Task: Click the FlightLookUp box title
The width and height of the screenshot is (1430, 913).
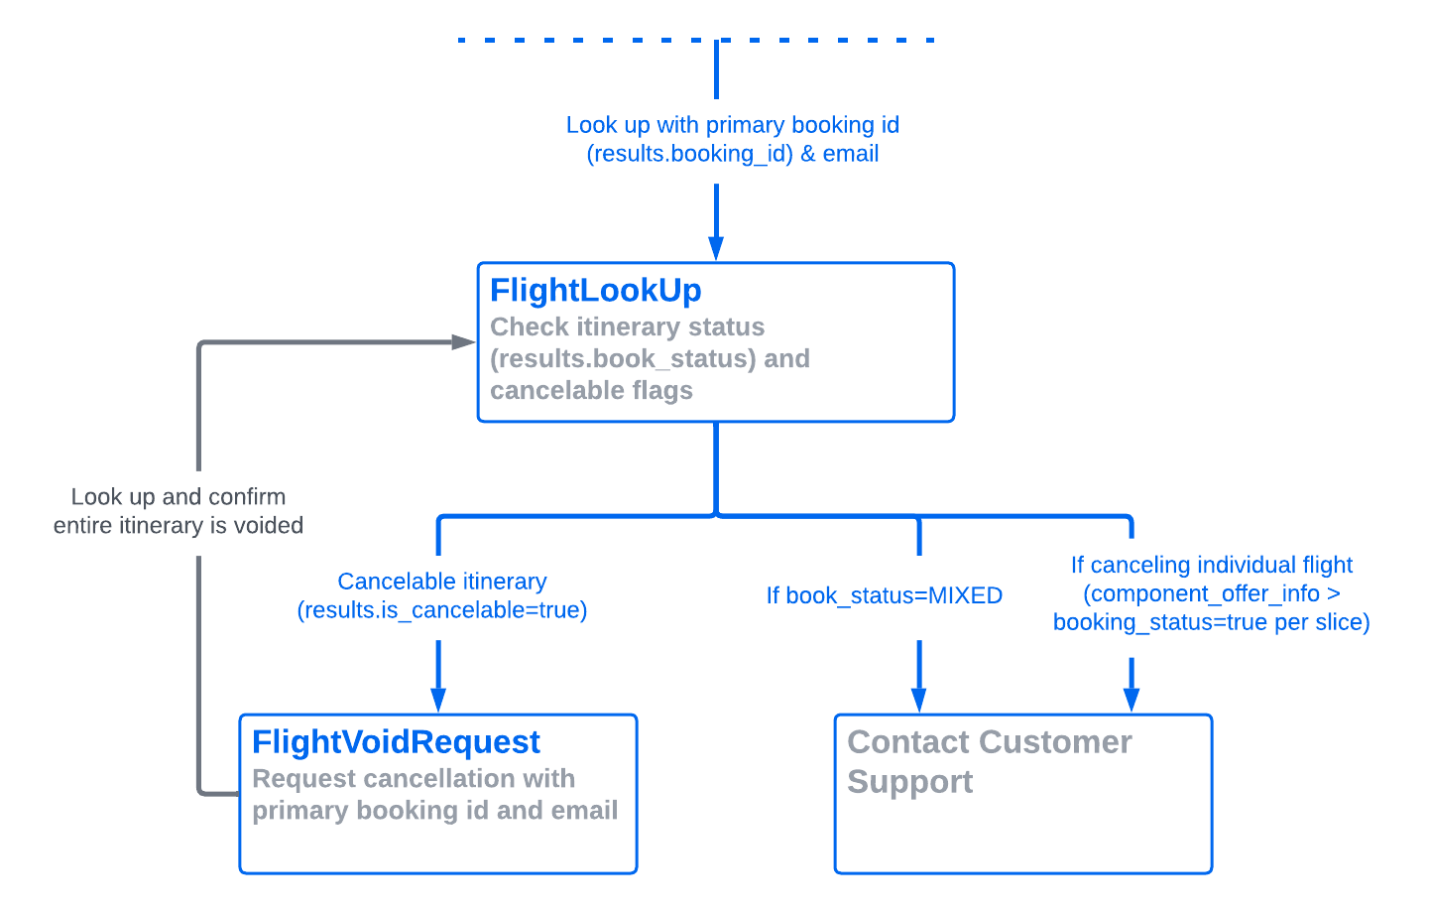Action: pos(595,290)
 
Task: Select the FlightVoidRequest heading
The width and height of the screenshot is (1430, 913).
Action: pos(396,742)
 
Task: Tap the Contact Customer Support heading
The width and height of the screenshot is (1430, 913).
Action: pos(989,742)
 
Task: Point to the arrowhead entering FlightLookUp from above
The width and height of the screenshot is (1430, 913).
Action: pos(716,248)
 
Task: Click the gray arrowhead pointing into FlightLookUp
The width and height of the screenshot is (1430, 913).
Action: pos(463,342)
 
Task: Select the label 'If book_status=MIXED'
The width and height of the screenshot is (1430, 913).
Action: pos(884,595)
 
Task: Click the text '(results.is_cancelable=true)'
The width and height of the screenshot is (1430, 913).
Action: pos(442,610)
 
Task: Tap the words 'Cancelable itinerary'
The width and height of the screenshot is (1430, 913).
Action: pos(442,582)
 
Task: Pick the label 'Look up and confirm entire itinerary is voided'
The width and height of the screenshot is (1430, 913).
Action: pos(179,511)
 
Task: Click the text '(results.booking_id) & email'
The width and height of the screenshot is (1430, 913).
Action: pos(733,154)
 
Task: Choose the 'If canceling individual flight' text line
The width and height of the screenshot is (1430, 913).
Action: pos(1211,565)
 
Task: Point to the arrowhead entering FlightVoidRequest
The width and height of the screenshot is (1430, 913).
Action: pos(438,700)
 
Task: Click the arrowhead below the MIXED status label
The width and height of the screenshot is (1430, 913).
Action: pos(919,700)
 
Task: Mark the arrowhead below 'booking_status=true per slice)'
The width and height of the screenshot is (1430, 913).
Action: pos(1132,700)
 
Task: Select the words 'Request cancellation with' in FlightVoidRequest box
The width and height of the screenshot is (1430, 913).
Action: pos(414,779)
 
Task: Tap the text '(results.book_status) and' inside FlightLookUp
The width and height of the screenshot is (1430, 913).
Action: pos(650,358)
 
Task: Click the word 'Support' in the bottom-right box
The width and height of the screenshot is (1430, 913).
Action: pos(909,782)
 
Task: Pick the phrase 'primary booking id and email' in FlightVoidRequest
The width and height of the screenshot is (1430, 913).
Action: pos(434,811)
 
